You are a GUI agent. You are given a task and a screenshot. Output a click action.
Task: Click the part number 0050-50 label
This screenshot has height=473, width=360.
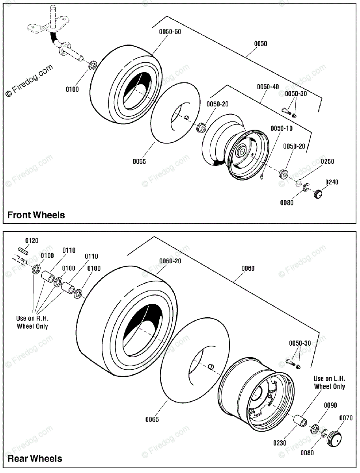[x=170, y=32]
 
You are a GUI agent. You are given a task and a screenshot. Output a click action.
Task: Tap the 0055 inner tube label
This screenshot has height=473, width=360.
[x=139, y=161]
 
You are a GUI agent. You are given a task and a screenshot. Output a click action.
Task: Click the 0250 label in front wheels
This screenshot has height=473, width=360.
[x=327, y=161]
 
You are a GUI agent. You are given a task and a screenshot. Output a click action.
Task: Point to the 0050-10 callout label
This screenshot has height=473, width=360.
[x=282, y=128]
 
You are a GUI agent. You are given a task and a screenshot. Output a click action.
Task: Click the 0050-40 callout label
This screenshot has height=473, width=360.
[x=268, y=87]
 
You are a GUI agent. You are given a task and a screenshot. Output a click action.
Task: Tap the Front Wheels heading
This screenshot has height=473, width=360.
[x=36, y=215]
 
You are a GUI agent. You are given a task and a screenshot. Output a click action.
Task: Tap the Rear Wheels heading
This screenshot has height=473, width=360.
[x=35, y=458]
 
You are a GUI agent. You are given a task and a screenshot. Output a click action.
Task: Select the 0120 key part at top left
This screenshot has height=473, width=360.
[x=23, y=251]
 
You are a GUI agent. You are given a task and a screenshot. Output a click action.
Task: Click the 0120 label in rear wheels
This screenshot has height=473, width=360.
[x=32, y=240]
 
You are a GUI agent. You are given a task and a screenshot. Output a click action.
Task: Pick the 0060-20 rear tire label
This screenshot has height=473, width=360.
[x=170, y=261]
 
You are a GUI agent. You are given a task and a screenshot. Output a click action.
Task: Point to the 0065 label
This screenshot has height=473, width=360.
[x=152, y=419]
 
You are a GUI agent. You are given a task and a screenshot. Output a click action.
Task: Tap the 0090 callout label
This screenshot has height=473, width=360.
[x=330, y=405]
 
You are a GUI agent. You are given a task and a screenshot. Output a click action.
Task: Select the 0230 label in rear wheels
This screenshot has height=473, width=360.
[x=280, y=443]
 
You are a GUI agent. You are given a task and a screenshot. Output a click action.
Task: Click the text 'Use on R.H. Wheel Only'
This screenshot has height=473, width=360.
[x=32, y=322]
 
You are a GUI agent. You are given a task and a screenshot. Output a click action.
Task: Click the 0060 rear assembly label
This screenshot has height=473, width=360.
[x=248, y=268]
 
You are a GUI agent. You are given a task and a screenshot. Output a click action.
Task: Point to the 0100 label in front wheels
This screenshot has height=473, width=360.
[x=72, y=89]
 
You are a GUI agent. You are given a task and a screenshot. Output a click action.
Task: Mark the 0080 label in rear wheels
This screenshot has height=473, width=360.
[x=307, y=453]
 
